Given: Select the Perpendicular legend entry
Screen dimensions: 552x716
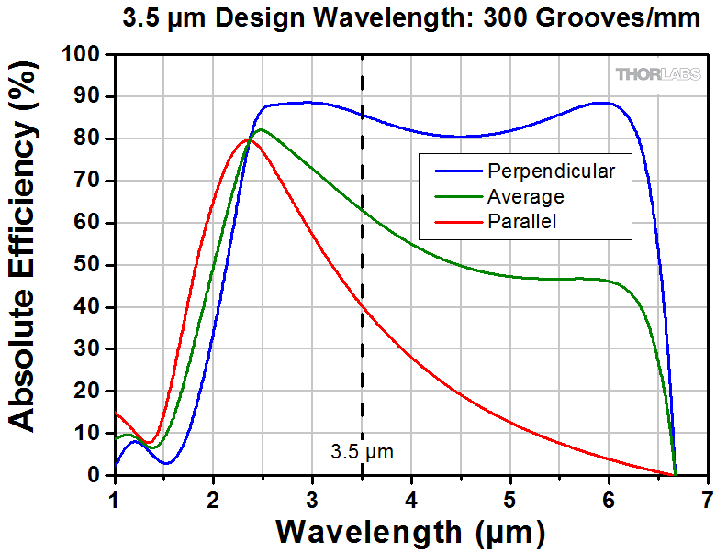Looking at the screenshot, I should tap(551, 171).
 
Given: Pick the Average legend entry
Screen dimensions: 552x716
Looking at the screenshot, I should tap(525, 195).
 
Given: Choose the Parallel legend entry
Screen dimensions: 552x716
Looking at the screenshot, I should tap(522, 220).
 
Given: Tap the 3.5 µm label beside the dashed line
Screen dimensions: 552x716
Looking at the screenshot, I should tap(362, 451).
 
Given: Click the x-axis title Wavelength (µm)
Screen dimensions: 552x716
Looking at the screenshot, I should tap(409, 531).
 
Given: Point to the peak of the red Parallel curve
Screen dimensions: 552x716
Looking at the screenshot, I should tap(247, 140).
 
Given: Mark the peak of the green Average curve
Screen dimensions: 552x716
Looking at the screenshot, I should tap(261, 130).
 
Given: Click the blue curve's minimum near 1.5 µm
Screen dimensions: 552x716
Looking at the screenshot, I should tap(165, 463).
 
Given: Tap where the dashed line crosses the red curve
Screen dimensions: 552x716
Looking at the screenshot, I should tap(362, 303).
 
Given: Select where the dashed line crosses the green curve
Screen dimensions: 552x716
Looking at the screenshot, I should tap(362, 210).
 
